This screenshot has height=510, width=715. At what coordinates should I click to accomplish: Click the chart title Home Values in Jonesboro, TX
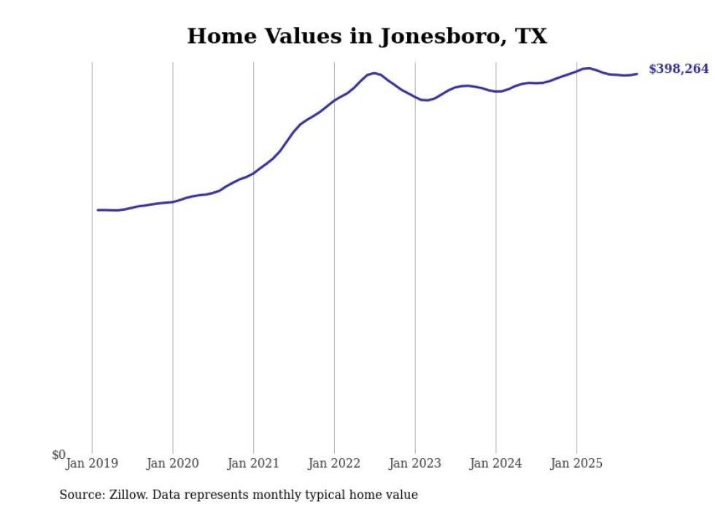click(x=367, y=36)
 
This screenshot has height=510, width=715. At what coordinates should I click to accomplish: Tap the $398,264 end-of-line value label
click(x=678, y=69)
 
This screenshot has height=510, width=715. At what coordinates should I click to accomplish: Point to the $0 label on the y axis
click(x=58, y=455)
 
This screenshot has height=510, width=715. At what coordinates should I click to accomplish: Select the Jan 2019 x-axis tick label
click(x=92, y=463)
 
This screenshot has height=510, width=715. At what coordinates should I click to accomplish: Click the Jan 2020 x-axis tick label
click(x=172, y=463)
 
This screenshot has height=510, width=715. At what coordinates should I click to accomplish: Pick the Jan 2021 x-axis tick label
click(x=253, y=463)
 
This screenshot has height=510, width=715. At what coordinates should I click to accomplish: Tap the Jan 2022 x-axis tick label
click(x=334, y=463)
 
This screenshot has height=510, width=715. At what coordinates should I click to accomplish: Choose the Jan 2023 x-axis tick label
click(x=414, y=463)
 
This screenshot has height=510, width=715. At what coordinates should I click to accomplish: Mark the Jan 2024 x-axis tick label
click(x=495, y=463)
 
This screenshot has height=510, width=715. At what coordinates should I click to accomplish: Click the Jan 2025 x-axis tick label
click(x=576, y=463)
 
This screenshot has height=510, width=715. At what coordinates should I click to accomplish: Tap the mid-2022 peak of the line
click(x=374, y=73)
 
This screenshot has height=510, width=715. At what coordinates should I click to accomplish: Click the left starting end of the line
click(x=98, y=209)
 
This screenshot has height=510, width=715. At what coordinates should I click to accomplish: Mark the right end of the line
click(x=637, y=73)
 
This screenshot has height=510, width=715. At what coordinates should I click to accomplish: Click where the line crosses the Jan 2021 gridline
click(x=253, y=173)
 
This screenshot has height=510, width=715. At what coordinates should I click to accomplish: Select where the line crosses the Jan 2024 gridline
click(x=496, y=91)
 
